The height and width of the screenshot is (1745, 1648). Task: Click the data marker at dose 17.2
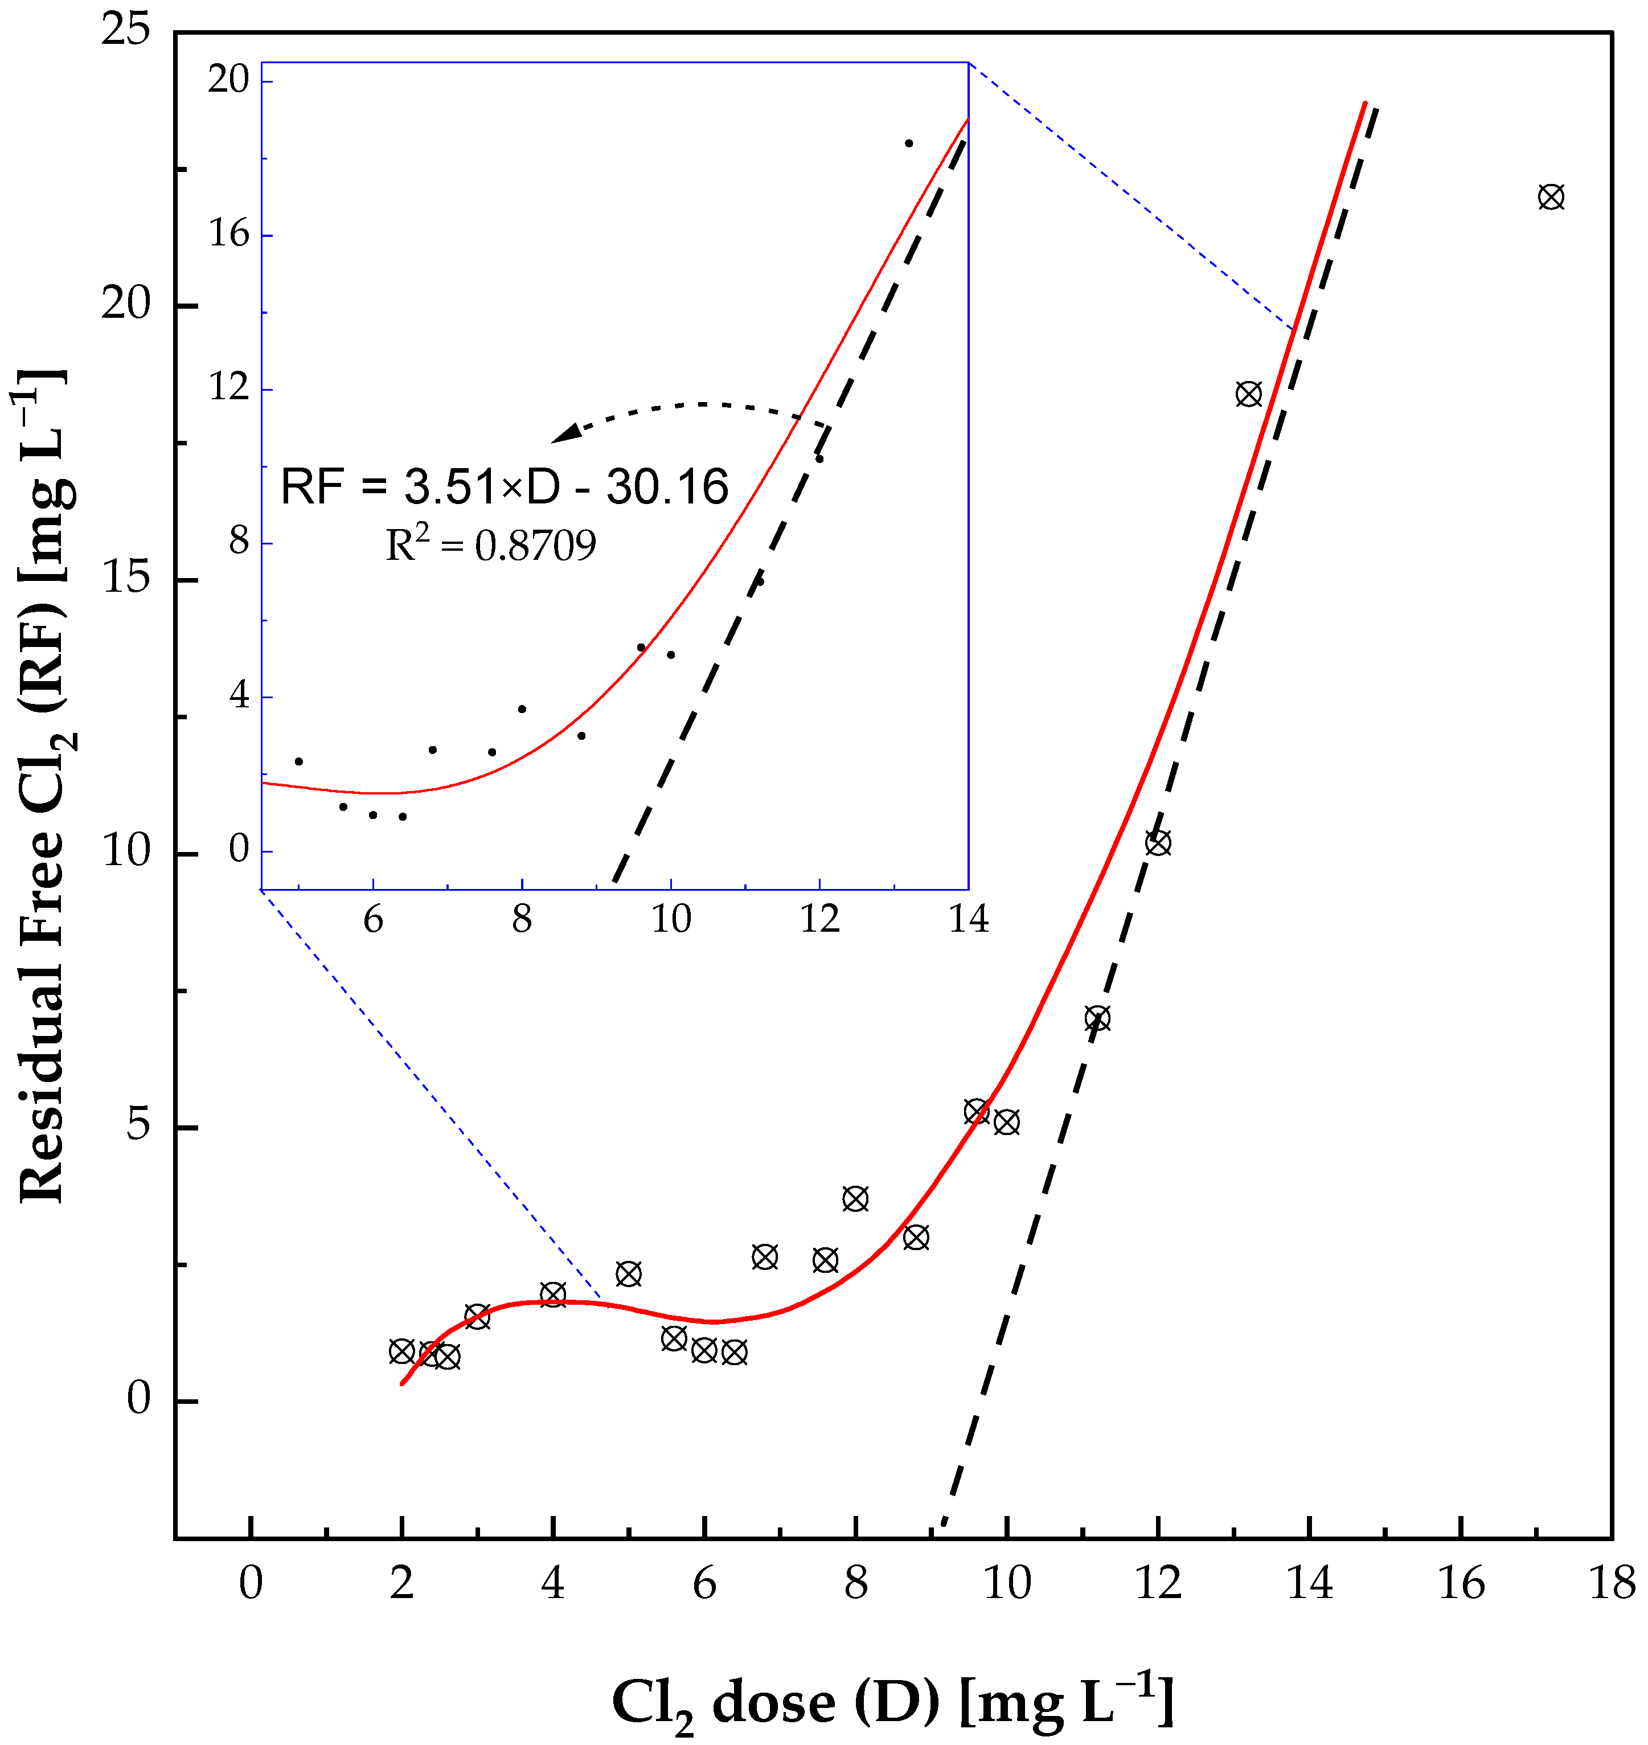(x=1551, y=197)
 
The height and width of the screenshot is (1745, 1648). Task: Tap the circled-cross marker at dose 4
(x=552, y=1295)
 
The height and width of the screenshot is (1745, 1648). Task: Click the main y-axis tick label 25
(x=126, y=32)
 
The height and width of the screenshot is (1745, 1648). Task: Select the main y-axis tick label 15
(x=126, y=580)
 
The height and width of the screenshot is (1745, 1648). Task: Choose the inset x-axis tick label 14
(x=968, y=919)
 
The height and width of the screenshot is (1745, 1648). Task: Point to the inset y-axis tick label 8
(x=240, y=542)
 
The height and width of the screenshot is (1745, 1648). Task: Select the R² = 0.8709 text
(x=491, y=546)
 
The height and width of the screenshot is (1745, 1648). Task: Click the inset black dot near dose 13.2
(x=909, y=143)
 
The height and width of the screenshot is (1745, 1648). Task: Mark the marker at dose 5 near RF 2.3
(x=628, y=1274)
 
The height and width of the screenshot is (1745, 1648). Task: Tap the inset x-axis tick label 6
(x=374, y=919)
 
